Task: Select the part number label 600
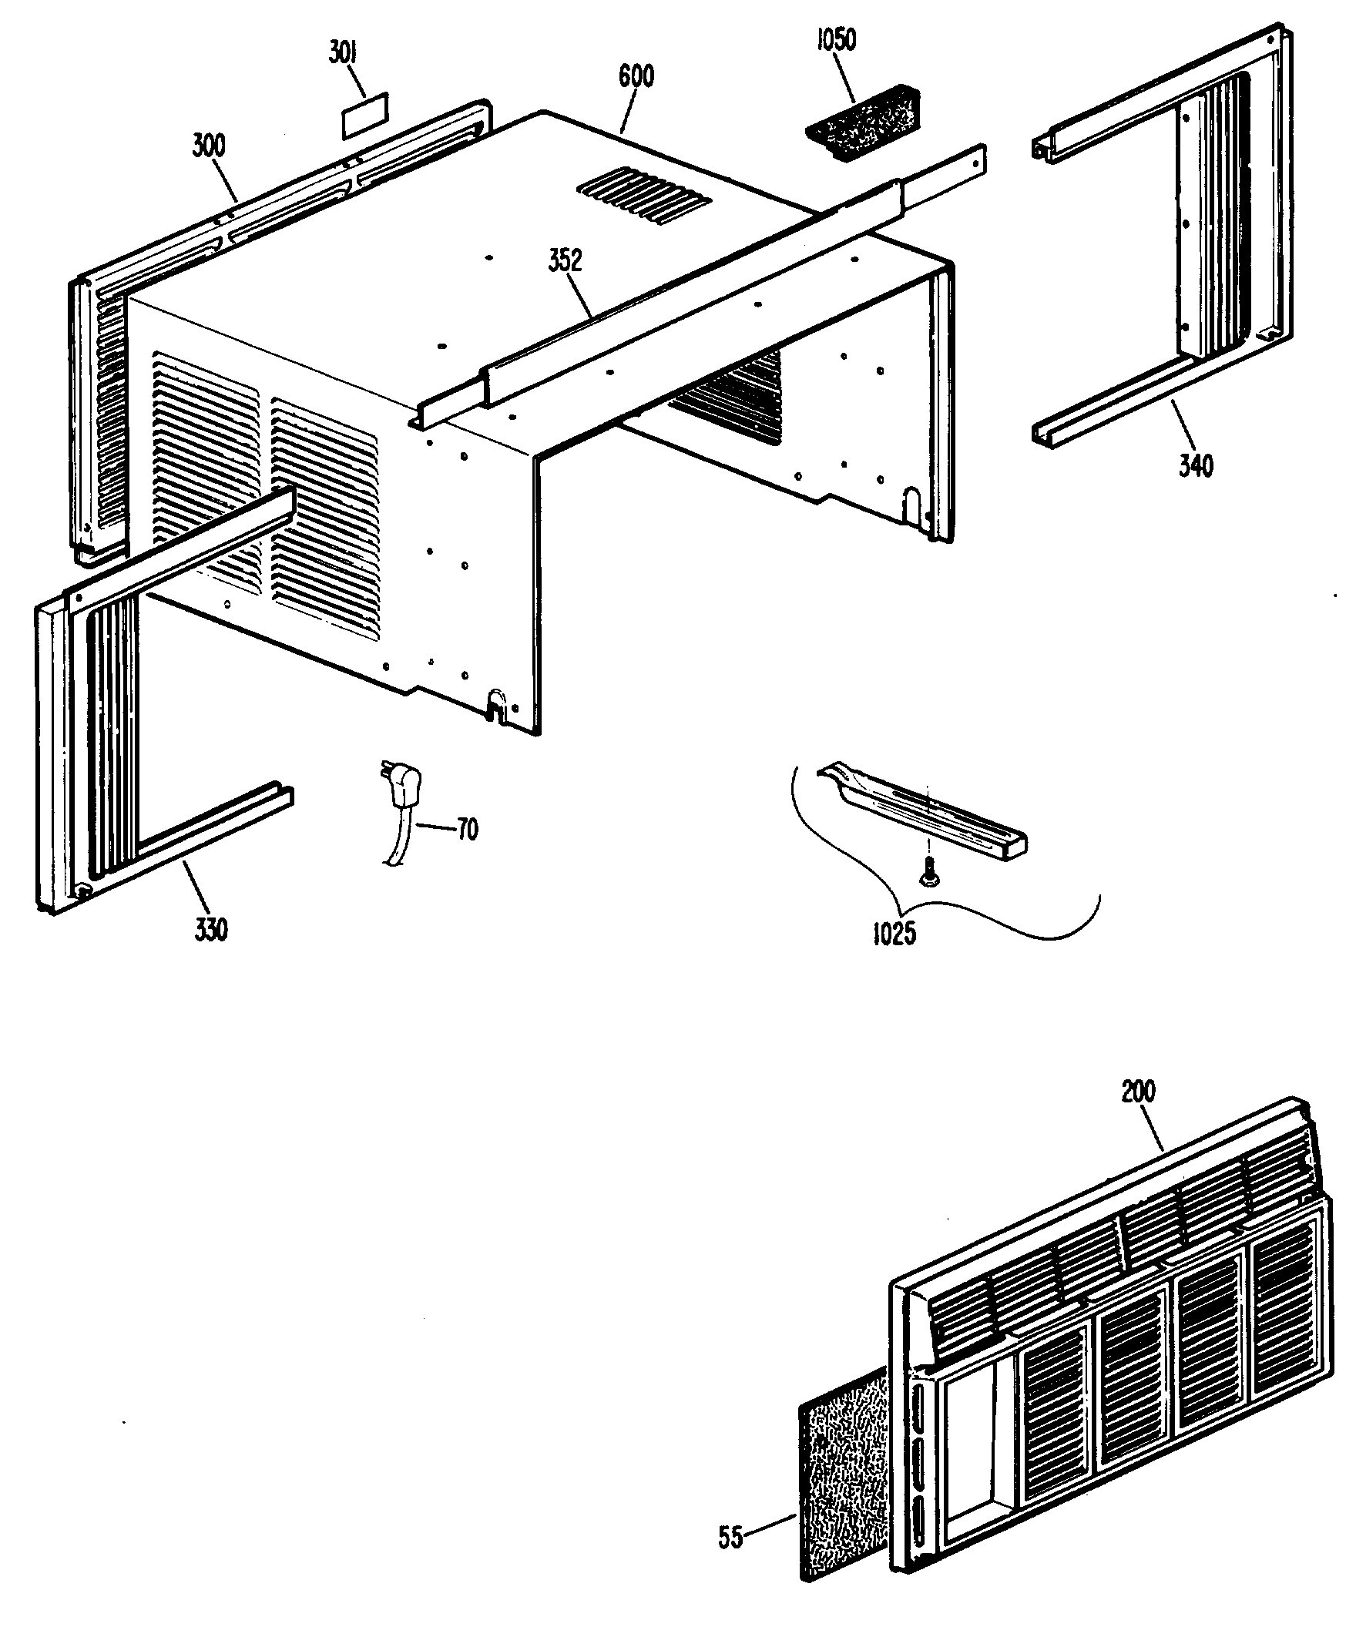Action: tap(636, 76)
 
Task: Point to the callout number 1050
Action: tap(837, 40)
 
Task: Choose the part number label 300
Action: tap(210, 146)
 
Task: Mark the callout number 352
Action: tap(566, 261)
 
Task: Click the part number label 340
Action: tap(1196, 465)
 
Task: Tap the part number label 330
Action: tap(211, 929)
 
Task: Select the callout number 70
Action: tap(467, 830)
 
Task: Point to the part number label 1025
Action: tap(894, 934)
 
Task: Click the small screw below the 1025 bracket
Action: tap(928, 874)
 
